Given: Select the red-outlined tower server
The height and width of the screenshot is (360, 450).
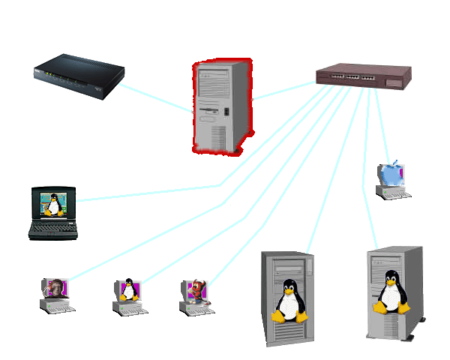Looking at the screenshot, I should pyautogui.click(x=221, y=105).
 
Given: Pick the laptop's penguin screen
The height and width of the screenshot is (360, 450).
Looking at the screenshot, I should pyautogui.click(x=53, y=202).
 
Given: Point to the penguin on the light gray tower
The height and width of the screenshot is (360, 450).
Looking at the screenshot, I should pyautogui.click(x=389, y=293).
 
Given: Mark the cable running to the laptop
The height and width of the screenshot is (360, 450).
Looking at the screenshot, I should pyautogui.click(x=150, y=193).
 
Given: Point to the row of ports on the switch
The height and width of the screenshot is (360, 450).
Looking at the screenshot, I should pyautogui.click(x=353, y=76).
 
